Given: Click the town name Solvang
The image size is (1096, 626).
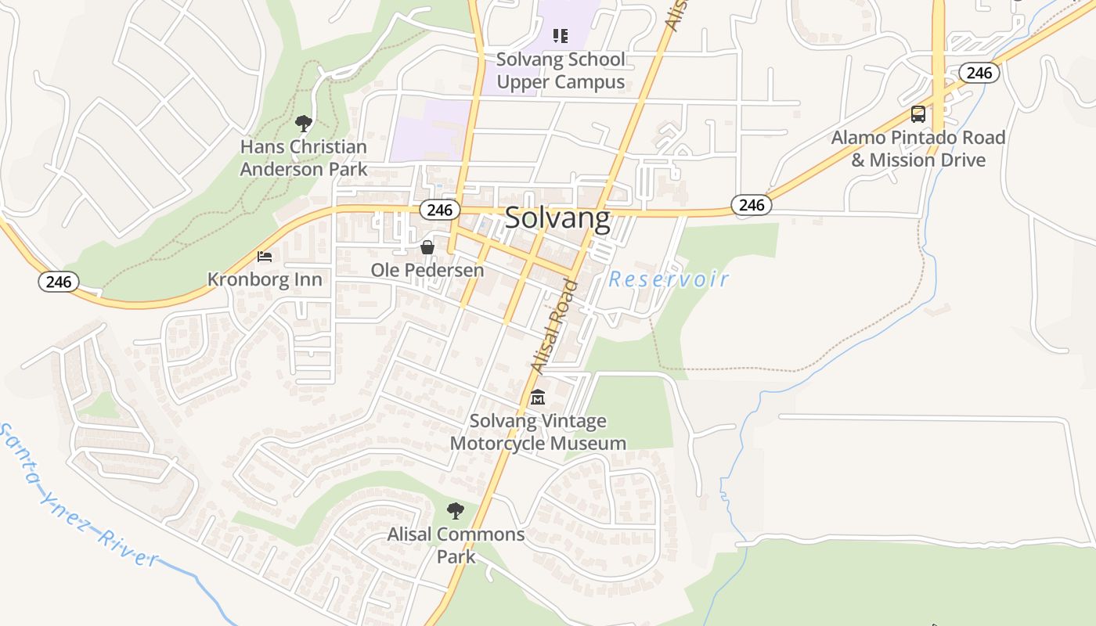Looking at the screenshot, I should (x=557, y=218).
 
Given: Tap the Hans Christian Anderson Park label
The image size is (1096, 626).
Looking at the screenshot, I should (x=303, y=157).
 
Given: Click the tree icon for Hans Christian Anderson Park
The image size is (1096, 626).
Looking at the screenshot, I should (x=304, y=123).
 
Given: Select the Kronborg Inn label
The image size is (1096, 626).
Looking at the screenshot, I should (x=265, y=279).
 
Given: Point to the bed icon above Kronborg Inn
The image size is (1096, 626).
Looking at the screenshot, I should (x=265, y=256).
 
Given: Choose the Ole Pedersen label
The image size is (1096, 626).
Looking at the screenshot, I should (x=427, y=271).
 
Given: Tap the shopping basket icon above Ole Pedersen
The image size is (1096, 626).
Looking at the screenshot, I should (x=427, y=247).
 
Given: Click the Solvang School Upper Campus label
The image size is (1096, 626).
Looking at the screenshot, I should (x=561, y=70).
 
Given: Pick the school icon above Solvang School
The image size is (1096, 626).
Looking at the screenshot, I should (x=560, y=35).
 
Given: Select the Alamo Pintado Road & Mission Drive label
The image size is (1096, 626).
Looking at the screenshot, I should (x=918, y=149).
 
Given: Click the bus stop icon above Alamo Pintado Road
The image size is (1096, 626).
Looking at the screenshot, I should (x=918, y=114).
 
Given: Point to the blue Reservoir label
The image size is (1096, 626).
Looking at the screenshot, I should (x=669, y=279).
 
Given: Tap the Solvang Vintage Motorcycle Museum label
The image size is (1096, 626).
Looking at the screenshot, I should (x=538, y=432).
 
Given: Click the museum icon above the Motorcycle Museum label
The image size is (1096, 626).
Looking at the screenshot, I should (x=537, y=398).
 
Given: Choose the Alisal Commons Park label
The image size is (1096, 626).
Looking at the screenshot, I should (x=456, y=545).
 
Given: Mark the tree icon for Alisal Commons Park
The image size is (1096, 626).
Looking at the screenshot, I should (x=456, y=511).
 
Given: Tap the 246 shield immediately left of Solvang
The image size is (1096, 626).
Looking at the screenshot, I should (x=439, y=210).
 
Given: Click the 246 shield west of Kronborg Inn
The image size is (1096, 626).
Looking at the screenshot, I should (x=59, y=282).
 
